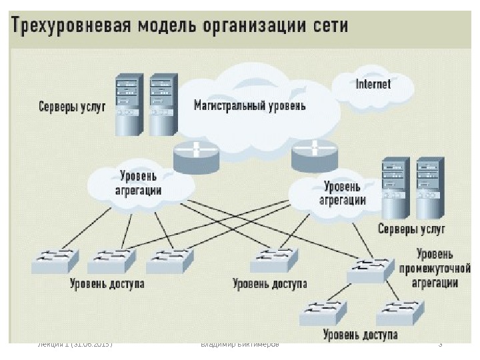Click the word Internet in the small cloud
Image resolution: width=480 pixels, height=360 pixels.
[x=373, y=84]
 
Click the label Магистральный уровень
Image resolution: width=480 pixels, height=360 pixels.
[x=249, y=105]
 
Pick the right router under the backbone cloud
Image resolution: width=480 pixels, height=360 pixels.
[x=313, y=155]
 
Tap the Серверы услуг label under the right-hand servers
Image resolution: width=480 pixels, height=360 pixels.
[x=411, y=229]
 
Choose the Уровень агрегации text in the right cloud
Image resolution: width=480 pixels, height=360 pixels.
[x=343, y=193]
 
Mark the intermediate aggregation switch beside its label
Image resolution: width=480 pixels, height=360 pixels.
[x=370, y=269]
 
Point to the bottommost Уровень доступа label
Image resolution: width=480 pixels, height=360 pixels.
[x=360, y=334]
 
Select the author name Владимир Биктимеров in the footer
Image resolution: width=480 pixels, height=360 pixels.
[x=240, y=345]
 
